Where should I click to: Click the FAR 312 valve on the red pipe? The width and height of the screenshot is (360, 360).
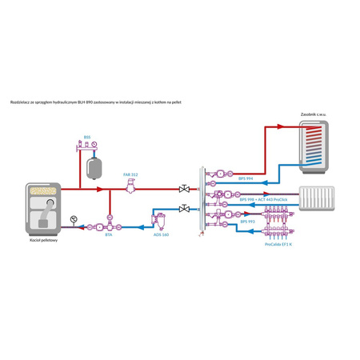coord(130,188)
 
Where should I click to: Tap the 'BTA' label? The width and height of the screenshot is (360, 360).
coord(108,235)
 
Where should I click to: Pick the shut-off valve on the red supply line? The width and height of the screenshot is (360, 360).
coord(186,189)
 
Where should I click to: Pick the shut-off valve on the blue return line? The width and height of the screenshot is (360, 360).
coord(186,209)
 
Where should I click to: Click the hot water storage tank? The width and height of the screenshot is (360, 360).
coord(313,147)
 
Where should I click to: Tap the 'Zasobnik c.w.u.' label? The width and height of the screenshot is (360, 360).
coord(313,115)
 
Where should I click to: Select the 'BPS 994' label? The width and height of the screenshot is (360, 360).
coord(246,180)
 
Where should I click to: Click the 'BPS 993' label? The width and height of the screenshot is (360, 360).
coord(246,222)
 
